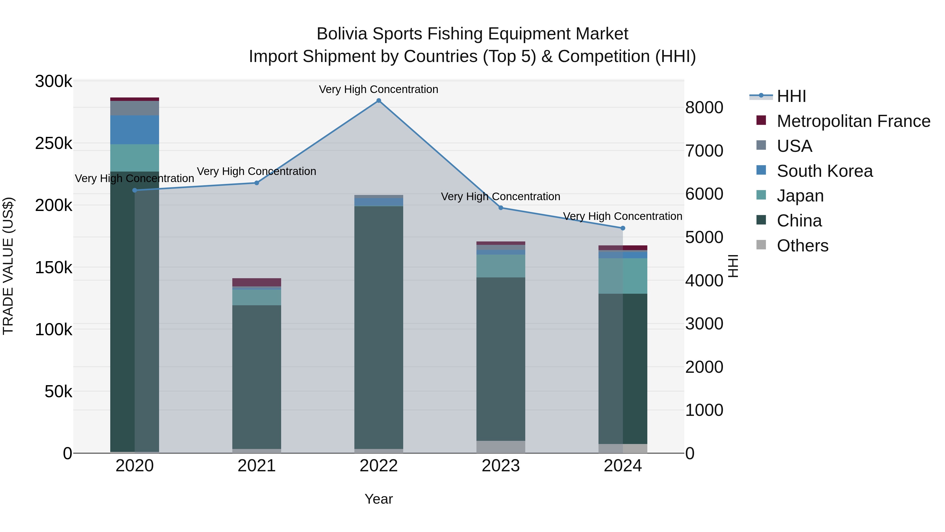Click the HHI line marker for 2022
pyautogui.click(x=379, y=101)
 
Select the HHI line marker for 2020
pyautogui.click(x=135, y=190)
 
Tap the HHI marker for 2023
pyautogui.click(x=501, y=208)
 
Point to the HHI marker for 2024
pyautogui.click(x=623, y=228)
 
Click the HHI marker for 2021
pyautogui.click(x=257, y=183)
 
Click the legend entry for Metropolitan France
pyautogui.click(x=853, y=121)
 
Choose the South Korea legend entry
pyautogui.click(x=825, y=171)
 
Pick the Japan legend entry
pyautogui.click(x=800, y=196)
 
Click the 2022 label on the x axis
pyautogui.click(x=379, y=466)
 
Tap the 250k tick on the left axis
pyautogui.click(x=54, y=143)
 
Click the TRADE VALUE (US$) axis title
pyautogui.click(x=8, y=266)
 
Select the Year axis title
pyautogui.click(x=379, y=499)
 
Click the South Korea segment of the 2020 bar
pyautogui.click(x=135, y=130)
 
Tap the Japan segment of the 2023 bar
pyautogui.click(x=501, y=266)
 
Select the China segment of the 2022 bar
pyautogui.click(x=379, y=327)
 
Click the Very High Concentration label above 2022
pyautogui.click(x=379, y=89)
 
